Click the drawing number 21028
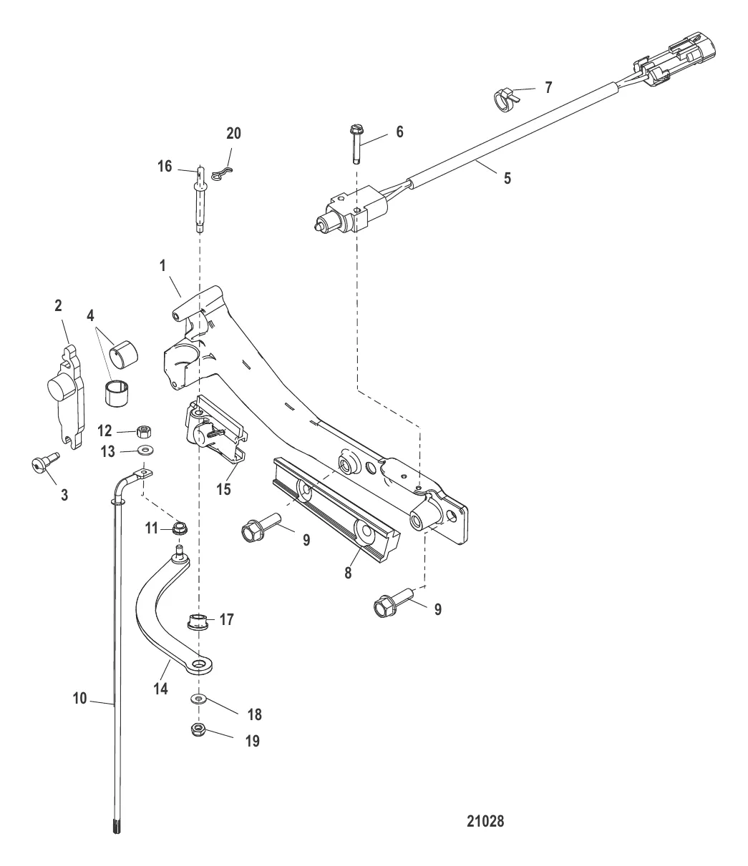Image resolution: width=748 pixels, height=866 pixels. (x=485, y=822)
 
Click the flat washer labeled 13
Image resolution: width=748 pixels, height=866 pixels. (x=146, y=451)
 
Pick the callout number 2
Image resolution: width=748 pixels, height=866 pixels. (x=57, y=305)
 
